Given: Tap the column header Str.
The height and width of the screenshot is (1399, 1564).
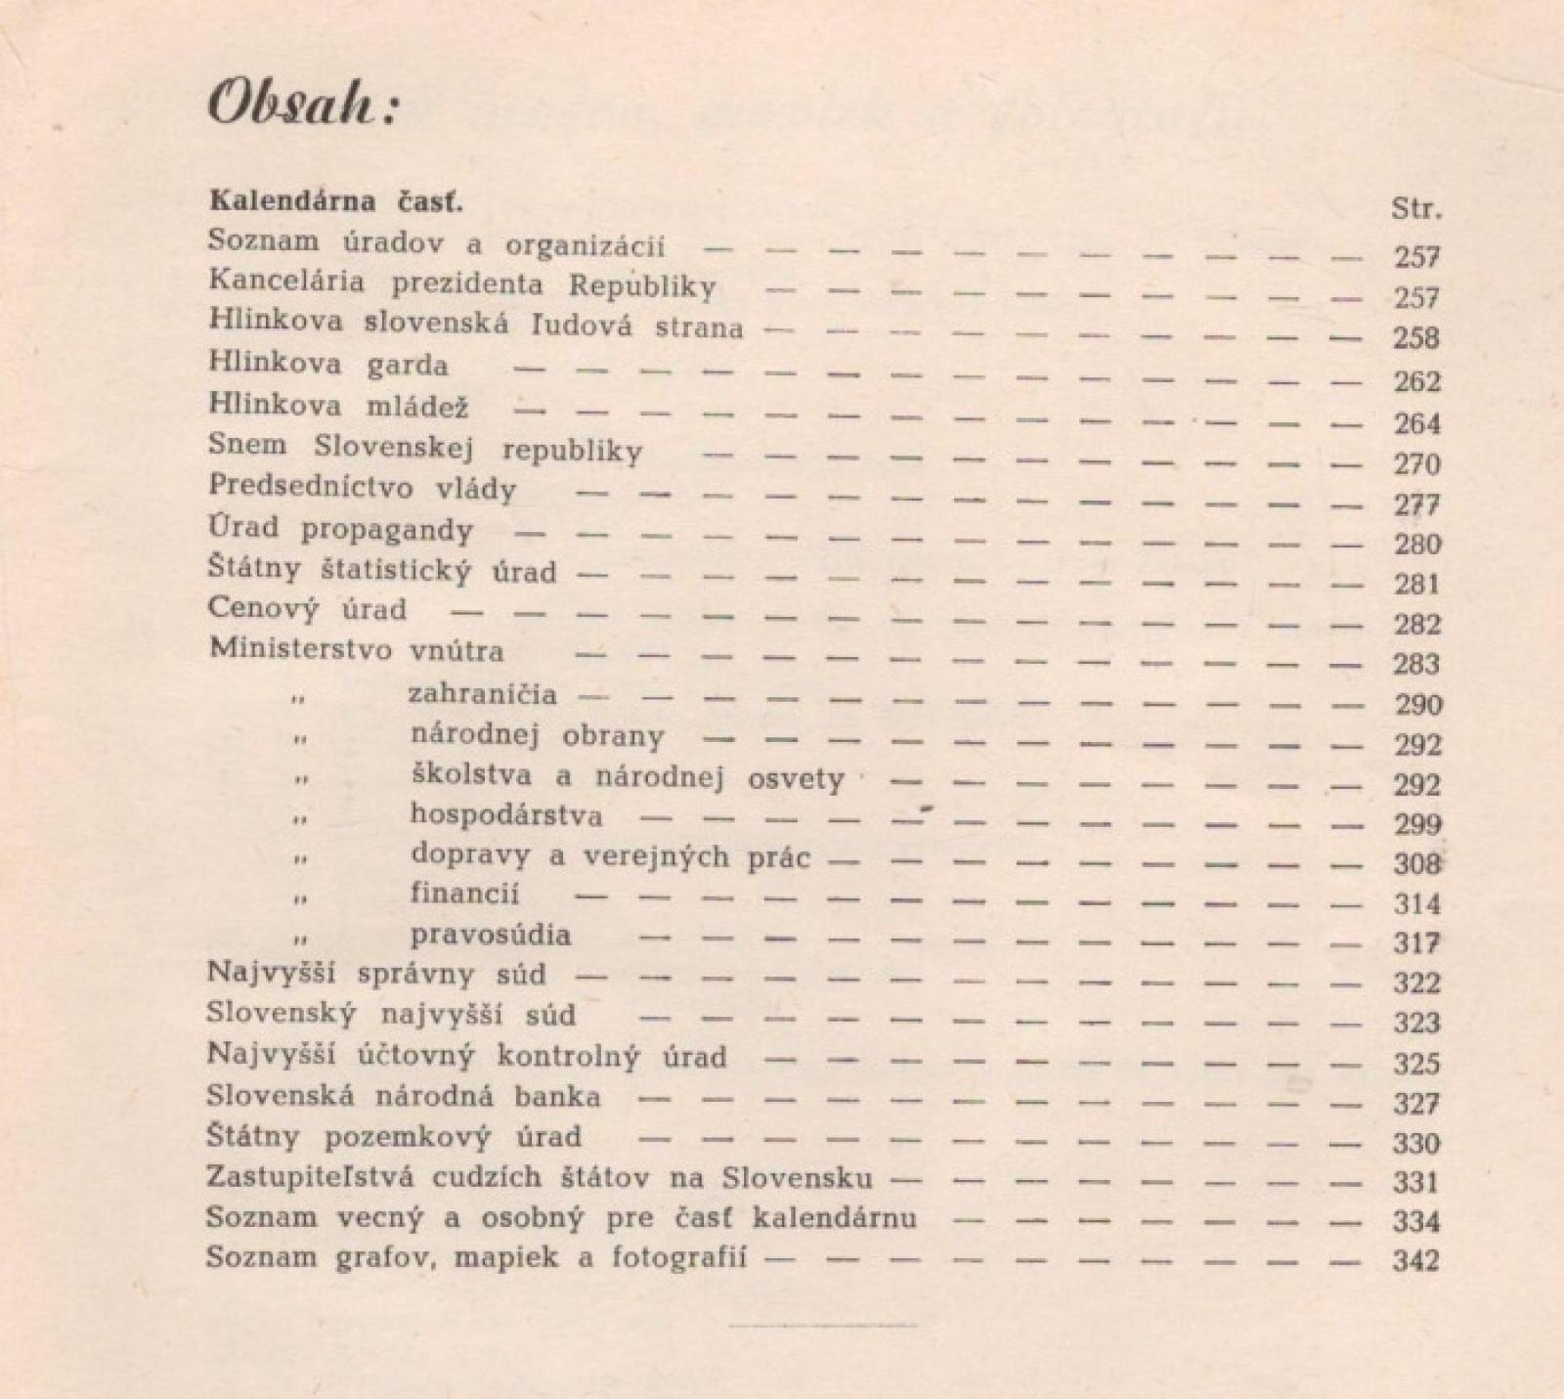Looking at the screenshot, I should point(1416,209).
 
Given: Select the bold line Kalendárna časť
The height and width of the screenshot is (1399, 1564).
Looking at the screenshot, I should point(336,202).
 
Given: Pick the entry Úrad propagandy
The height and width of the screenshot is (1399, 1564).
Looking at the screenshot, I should point(340,530).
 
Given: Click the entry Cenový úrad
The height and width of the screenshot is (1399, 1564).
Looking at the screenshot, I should point(307,609).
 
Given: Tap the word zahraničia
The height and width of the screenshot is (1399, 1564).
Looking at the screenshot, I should point(483,695).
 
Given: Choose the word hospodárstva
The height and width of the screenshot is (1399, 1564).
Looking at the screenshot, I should point(506,815).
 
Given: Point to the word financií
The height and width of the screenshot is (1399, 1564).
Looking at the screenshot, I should point(465,895).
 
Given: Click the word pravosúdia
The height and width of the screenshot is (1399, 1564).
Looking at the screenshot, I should point(491,936).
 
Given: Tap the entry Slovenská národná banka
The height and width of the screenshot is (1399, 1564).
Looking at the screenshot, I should point(404,1097).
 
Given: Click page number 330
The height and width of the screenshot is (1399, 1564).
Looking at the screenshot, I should point(1416,1143).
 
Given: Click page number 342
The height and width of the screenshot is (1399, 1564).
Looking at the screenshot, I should point(1416,1260).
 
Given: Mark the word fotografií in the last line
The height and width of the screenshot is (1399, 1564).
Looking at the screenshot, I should point(679,1257).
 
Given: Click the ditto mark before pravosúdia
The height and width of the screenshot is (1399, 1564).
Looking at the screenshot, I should point(300,939).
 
